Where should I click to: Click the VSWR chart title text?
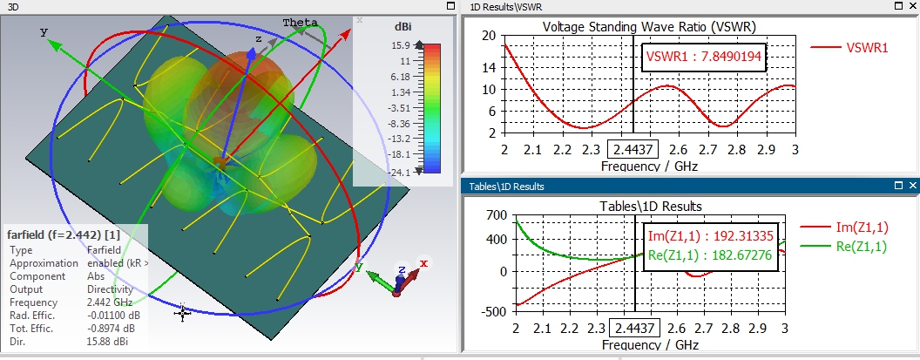649,25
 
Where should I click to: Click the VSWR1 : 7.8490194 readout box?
703,58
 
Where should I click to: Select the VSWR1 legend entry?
867,48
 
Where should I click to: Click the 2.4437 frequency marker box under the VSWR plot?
633,150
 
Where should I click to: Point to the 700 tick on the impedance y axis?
497,214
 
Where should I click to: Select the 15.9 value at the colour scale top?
401,45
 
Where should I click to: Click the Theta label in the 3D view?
300,22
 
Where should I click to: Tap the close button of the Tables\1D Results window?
911,186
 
